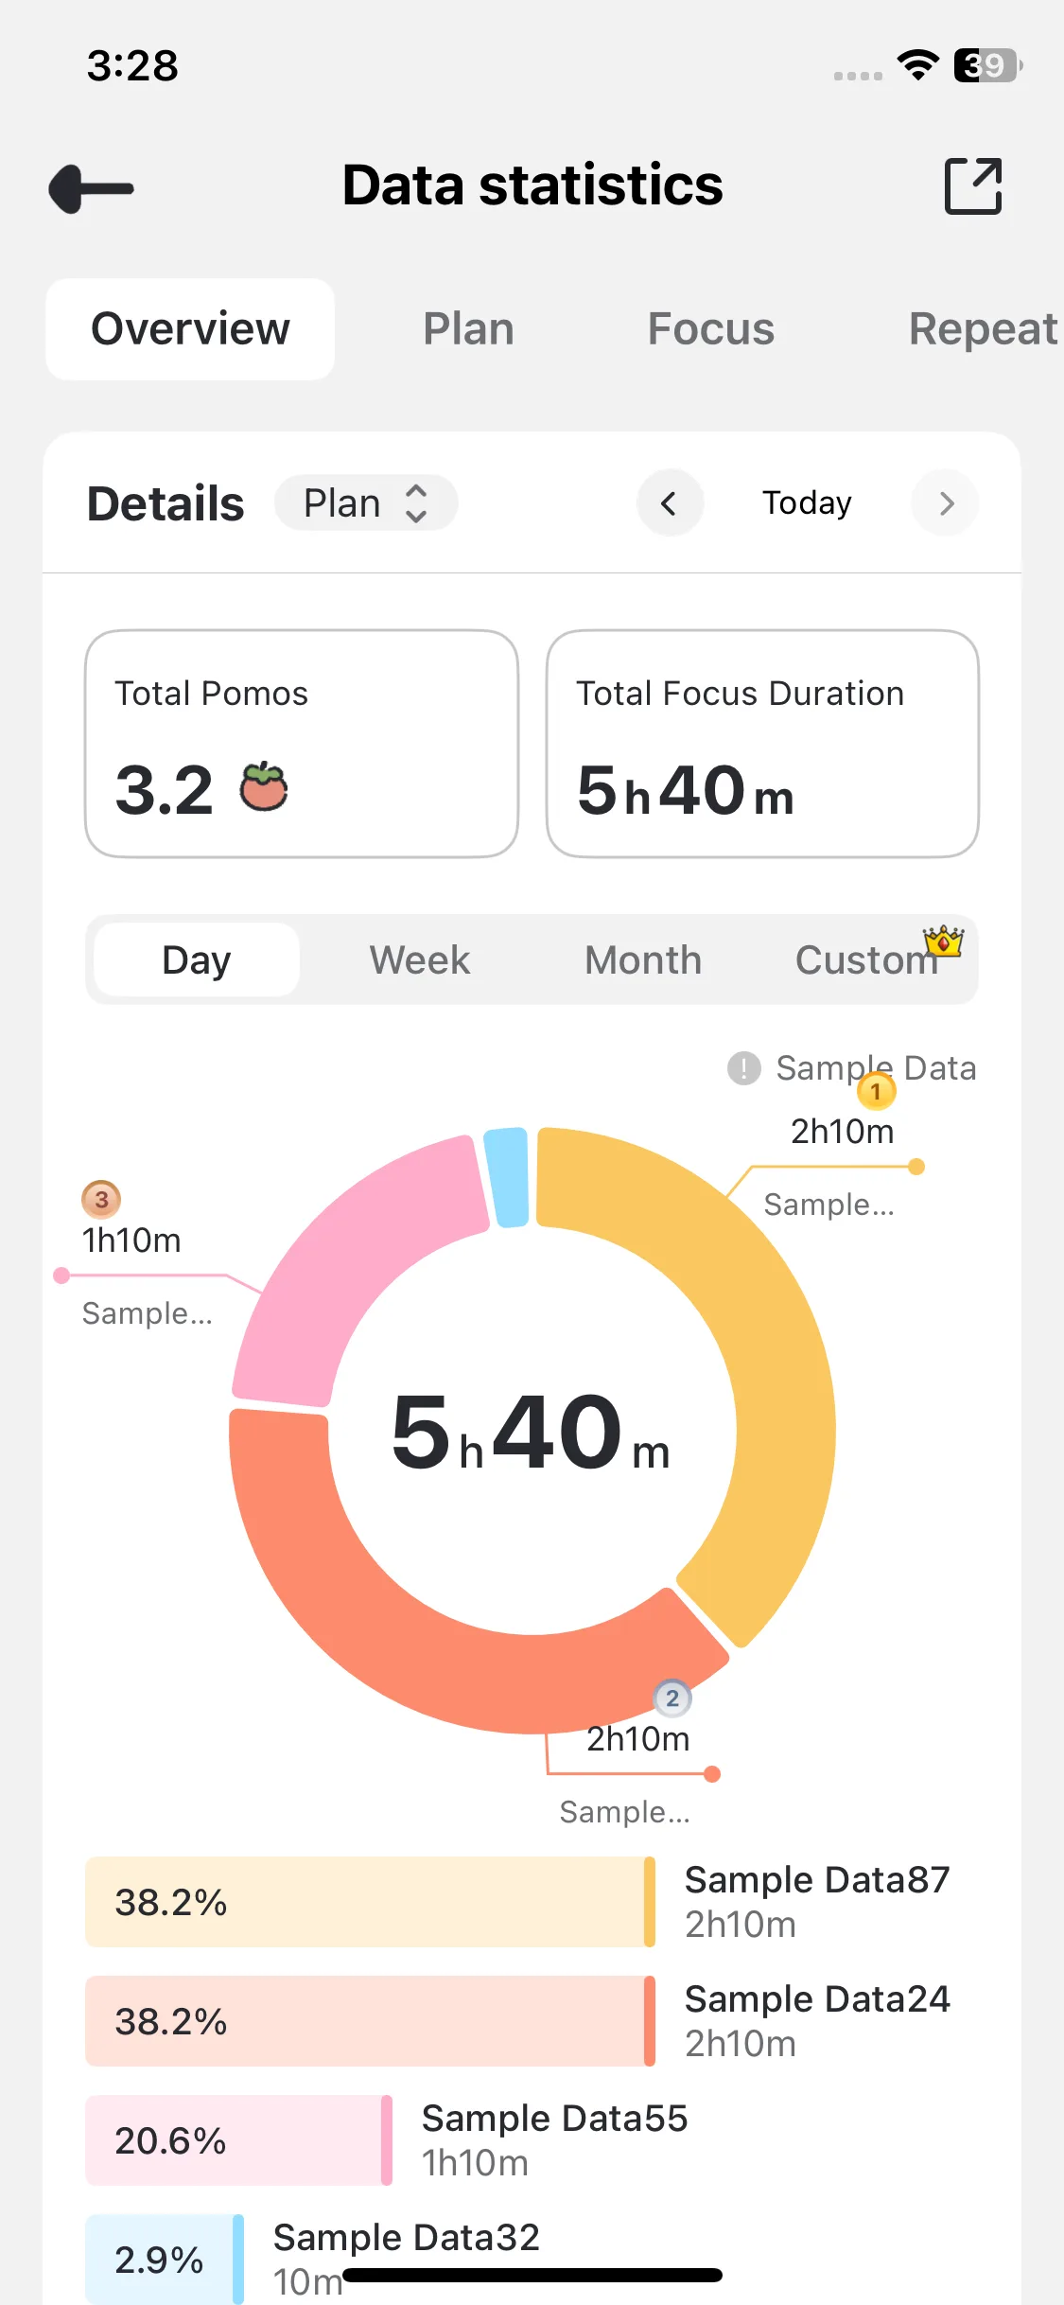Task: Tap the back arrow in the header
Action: tap(92, 188)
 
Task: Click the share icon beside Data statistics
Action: tap(973, 186)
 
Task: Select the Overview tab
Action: tap(190, 329)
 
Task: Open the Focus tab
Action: tap(710, 329)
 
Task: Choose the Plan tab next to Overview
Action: tap(468, 329)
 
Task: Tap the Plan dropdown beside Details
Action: tap(365, 503)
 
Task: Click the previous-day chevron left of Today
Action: tap(670, 503)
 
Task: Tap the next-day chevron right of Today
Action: tap(946, 503)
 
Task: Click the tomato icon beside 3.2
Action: tap(264, 787)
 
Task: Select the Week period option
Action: tap(419, 960)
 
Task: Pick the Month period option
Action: tap(643, 960)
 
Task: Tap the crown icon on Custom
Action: tap(944, 941)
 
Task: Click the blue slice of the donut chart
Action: tap(507, 1176)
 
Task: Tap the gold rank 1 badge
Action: tap(876, 1092)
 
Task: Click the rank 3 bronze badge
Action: tap(101, 1200)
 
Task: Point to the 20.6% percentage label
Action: tap(170, 2140)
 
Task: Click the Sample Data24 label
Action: tap(817, 1999)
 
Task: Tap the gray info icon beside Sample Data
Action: tap(744, 1068)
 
